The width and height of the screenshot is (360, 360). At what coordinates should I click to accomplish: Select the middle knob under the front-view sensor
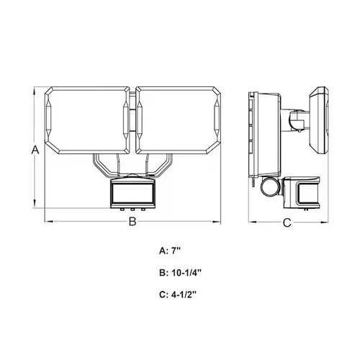click(x=132, y=210)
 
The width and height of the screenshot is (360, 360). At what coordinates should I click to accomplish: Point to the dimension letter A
click(x=34, y=150)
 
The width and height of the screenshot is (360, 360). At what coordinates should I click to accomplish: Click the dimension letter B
click(x=132, y=222)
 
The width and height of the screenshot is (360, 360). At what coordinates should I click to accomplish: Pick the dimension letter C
click(x=286, y=222)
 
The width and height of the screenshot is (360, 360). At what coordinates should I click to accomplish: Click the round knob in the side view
click(x=269, y=186)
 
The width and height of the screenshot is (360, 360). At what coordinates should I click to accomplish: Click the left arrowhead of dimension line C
click(x=250, y=222)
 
